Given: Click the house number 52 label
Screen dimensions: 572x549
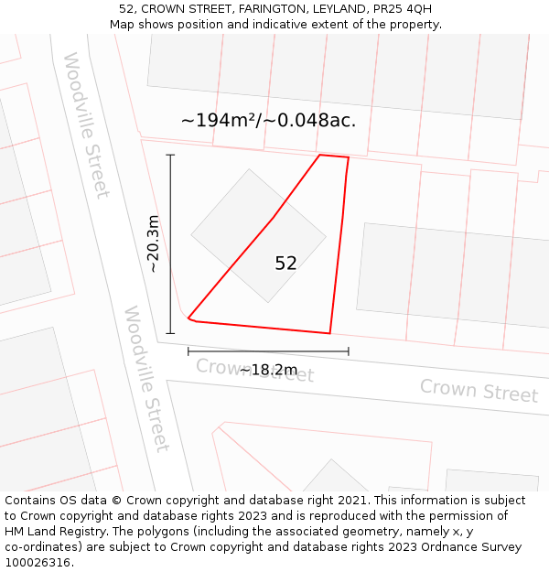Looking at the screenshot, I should tap(285, 264).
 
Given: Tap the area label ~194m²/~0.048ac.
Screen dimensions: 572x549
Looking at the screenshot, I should tap(268, 120).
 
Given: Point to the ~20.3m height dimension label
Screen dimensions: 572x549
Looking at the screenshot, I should tap(154, 243).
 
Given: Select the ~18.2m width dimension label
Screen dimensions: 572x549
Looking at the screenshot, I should tap(268, 370).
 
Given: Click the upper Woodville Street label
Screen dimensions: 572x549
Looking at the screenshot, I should tap(86, 124).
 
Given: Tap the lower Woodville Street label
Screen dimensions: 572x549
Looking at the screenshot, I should tap(146, 378).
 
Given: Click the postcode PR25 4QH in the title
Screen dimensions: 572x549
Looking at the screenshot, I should tap(401, 9).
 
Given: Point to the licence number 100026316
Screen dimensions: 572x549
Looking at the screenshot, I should tap(38, 563).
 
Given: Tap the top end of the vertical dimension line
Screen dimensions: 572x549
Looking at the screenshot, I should tap(170, 155).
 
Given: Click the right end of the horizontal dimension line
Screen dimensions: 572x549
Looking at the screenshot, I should tap(349, 351).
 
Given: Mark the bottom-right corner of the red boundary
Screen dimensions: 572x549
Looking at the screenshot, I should tap(329, 333).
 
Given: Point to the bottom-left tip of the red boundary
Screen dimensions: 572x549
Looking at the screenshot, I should tap(188, 318).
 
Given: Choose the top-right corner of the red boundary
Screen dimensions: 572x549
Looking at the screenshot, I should tap(349, 157).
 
